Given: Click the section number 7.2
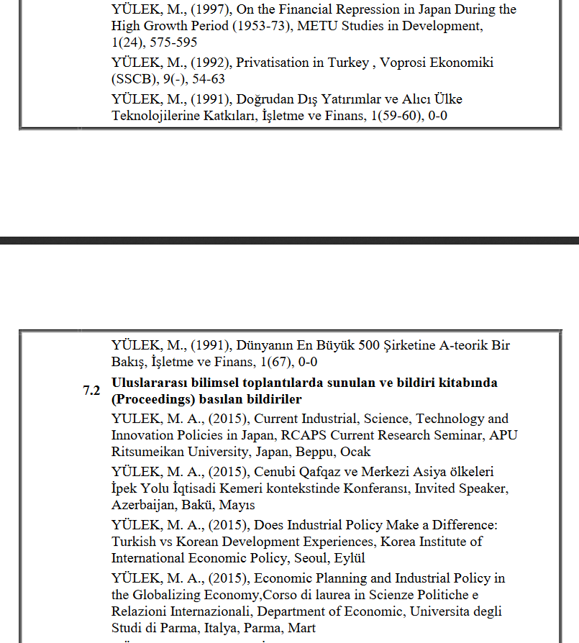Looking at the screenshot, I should tap(91, 391).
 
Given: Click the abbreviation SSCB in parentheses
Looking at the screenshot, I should tap(131, 79).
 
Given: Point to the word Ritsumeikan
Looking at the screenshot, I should tap(149, 452).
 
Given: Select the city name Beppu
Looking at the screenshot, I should tap(302, 452).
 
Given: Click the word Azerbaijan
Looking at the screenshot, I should tap(144, 505).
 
